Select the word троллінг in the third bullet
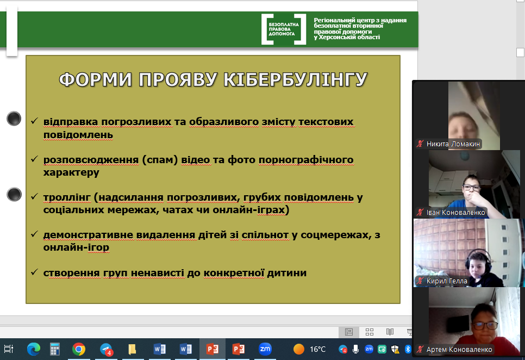tap(67, 197)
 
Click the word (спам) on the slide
tap(160, 160)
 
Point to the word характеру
tap(71, 172)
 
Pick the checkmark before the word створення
tap(34, 272)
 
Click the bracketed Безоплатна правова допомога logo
tap(284, 29)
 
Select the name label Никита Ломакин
tap(453, 144)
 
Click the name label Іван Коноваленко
tap(455, 212)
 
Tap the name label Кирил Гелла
tap(447, 281)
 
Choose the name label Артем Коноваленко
tap(459, 350)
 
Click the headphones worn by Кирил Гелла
tap(479, 257)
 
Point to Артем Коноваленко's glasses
tap(485, 325)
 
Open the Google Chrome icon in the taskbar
tap(79, 349)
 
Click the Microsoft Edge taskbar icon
tap(34, 349)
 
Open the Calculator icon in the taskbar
tap(55, 349)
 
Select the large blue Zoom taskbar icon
tap(265, 349)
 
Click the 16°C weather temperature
tap(317, 349)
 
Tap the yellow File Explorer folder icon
tap(132, 349)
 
